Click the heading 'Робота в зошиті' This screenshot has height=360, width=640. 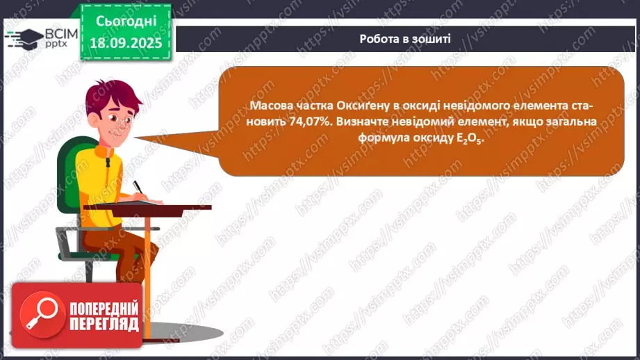click(405, 39)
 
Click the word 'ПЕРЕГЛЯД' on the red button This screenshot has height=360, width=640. click(104, 323)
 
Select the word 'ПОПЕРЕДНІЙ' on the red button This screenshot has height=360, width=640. click(104, 307)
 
